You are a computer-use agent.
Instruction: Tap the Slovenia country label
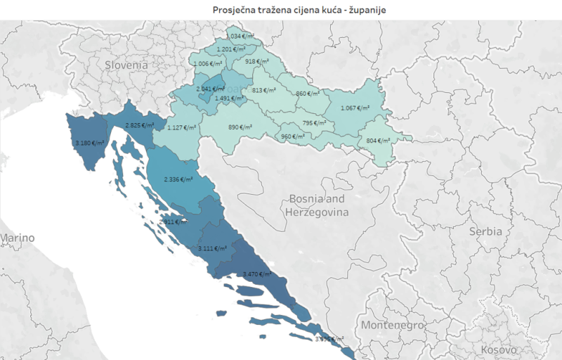click(x=126, y=64)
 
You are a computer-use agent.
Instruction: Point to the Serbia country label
click(x=485, y=231)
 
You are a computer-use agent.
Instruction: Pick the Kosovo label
click(x=499, y=349)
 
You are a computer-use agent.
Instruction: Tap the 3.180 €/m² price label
click(x=89, y=143)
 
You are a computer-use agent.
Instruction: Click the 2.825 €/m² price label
click(x=139, y=125)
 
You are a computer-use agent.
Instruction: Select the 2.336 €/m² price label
click(x=178, y=179)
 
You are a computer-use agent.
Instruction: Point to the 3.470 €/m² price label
click(x=256, y=274)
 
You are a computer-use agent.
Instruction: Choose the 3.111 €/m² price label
click(x=212, y=248)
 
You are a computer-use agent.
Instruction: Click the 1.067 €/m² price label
click(x=355, y=108)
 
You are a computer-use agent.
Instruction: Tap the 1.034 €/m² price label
click(x=240, y=36)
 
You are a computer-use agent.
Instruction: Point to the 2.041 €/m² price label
click(x=210, y=89)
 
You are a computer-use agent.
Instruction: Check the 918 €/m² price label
click(x=256, y=62)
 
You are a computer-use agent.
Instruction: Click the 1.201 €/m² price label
click(x=229, y=49)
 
